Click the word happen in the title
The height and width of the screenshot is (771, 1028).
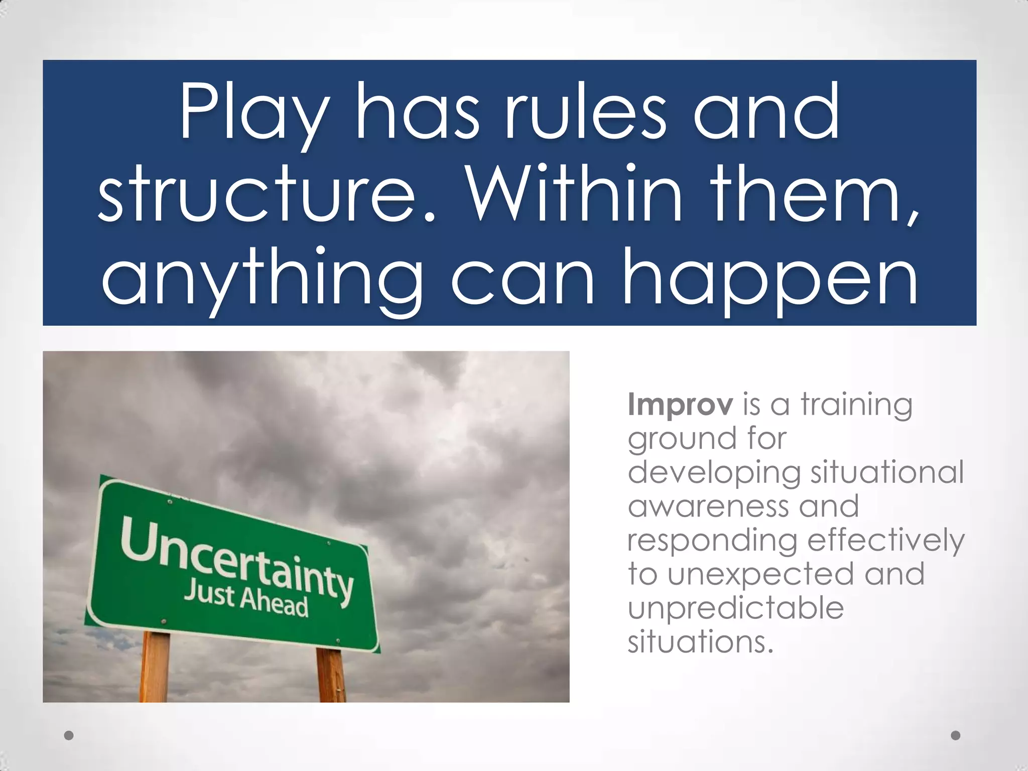pos(770,279)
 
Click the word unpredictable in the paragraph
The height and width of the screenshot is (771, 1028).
pos(735,608)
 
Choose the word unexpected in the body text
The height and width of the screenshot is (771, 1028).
pos(760,575)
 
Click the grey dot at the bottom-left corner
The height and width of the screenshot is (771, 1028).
pos(69,735)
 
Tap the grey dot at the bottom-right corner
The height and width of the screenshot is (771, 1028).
pos(956,735)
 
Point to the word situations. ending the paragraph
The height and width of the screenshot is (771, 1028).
pos(700,642)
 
